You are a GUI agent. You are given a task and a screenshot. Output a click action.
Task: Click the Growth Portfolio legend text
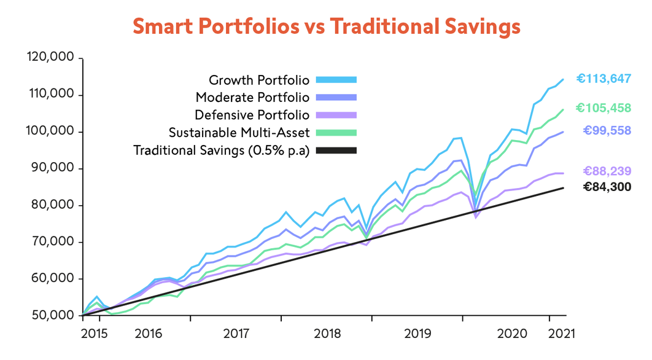tap(259, 80)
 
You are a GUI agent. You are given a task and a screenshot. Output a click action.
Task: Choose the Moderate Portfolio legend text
tap(252, 97)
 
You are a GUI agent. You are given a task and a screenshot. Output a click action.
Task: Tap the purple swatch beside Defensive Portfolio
tap(336, 115)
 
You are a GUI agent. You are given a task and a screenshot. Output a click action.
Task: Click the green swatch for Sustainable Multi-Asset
tap(336, 133)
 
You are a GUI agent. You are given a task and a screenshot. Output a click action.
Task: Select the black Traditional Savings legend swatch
tap(336, 150)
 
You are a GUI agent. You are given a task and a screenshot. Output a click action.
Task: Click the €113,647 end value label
tap(603, 79)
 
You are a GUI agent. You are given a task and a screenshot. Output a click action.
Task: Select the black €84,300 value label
tap(607, 187)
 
